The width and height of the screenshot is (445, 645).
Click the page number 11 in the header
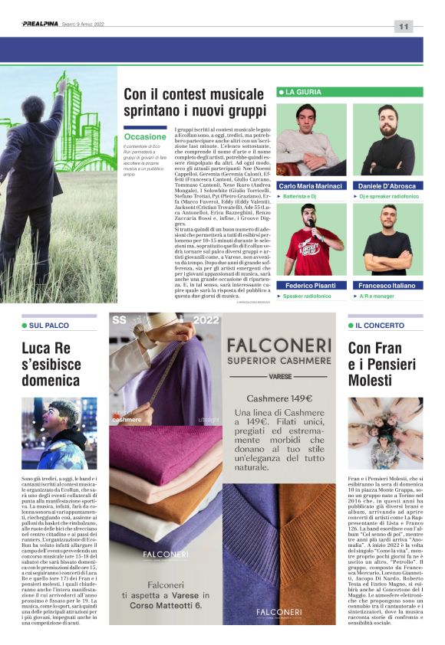404,26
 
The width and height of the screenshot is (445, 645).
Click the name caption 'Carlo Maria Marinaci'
311,186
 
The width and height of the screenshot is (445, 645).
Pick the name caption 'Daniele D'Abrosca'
387,186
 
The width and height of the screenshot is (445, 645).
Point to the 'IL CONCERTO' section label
381,325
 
